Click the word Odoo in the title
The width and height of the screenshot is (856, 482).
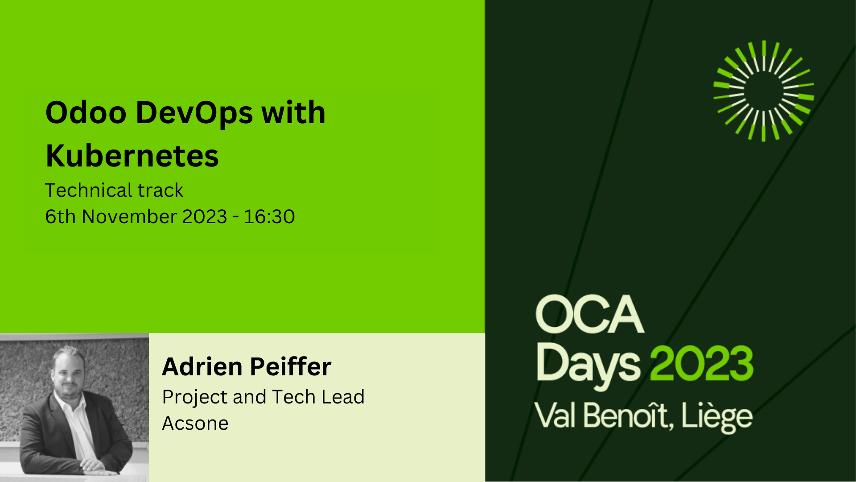[86, 112]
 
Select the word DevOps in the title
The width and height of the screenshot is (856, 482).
[194, 113]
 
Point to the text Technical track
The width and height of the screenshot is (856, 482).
[114, 191]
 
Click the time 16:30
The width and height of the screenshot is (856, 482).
[269, 217]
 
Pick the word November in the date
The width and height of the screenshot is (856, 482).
[129, 217]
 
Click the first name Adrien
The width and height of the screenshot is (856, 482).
[202, 366]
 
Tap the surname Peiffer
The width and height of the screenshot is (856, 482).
[291, 366]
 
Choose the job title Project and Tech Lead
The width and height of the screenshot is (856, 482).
[263, 397]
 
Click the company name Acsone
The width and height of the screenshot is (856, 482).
[195, 423]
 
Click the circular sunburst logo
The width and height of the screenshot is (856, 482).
[764, 91]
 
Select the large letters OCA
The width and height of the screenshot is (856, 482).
[590, 314]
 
